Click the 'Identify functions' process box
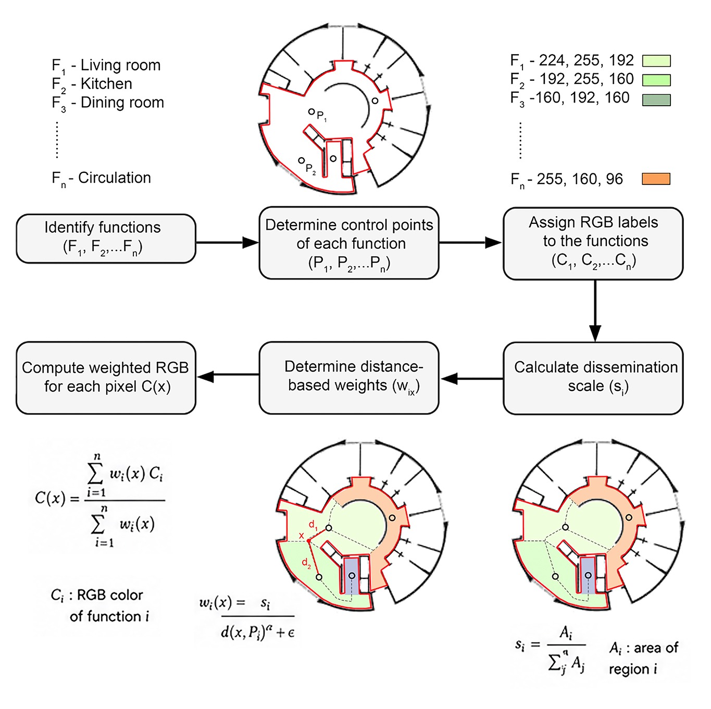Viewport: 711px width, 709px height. click(x=106, y=238)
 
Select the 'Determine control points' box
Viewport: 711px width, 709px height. click(x=348, y=243)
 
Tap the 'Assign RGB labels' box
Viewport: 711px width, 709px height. click(x=593, y=244)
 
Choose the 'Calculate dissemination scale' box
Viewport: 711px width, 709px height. click(x=593, y=378)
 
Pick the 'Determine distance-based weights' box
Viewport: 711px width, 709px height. click(x=348, y=378)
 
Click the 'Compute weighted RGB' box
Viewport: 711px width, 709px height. click(x=106, y=378)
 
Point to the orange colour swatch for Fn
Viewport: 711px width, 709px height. click(x=656, y=179)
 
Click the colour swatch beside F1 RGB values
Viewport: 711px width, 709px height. click(x=656, y=61)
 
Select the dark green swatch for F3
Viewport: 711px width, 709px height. click(x=656, y=100)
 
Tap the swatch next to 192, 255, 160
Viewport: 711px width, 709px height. click(x=656, y=80)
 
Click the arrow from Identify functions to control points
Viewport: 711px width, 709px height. click(x=227, y=243)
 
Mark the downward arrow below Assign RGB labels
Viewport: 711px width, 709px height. click(x=595, y=311)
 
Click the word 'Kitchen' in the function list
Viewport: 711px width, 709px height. click(x=106, y=84)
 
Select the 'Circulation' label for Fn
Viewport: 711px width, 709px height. click(x=115, y=178)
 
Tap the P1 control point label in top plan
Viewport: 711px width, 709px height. click(x=321, y=116)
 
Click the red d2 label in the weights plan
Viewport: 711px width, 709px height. click(x=306, y=563)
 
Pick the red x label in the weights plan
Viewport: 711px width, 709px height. click(x=301, y=536)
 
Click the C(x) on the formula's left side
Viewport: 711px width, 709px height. click(x=50, y=498)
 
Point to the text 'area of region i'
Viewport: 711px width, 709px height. click(x=643, y=659)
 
